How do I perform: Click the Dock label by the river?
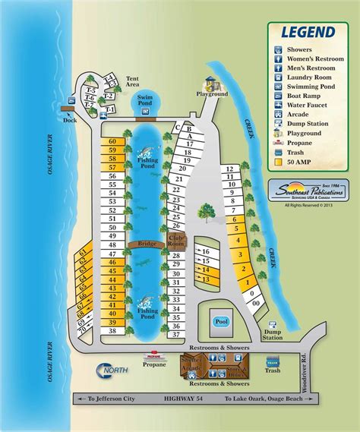click(x=71, y=120)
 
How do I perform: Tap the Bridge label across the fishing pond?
click(x=147, y=244)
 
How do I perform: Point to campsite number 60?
click(x=112, y=141)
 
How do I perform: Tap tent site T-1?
click(x=111, y=111)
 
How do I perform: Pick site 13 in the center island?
click(x=204, y=280)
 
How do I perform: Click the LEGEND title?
click(x=307, y=32)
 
